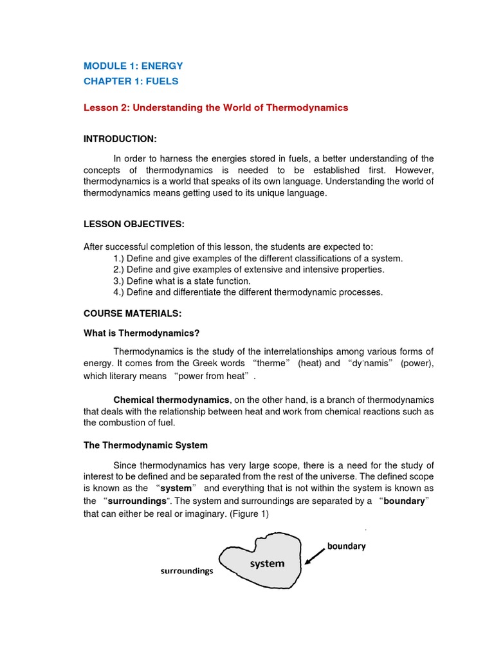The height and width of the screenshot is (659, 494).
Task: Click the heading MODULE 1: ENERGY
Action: [x=133, y=66]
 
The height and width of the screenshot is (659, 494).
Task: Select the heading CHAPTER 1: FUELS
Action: [x=131, y=82]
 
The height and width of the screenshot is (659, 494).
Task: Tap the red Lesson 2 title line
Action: [x=215, y=107]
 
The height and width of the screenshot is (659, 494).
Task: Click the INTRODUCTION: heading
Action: [x=120, y=139]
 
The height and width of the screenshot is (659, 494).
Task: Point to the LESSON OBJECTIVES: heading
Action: [x=134, y=223]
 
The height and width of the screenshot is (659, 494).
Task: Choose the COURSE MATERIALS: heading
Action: [x=133, y=313]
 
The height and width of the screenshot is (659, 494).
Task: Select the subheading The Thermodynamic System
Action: [x=146, y=445]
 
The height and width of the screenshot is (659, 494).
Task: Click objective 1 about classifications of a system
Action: [x=258, y=258]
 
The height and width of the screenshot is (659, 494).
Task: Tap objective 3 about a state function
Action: [x=182, y=281]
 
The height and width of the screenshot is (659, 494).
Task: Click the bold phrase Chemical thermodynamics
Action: [x=171, y=400]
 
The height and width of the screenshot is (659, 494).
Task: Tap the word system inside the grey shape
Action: [x=267, y=564]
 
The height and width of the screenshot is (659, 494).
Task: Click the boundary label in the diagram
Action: [x=346, y=546]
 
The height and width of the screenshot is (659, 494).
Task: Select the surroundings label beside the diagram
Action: [x=187, y=571]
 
